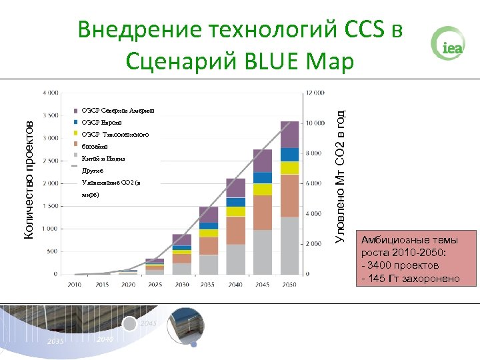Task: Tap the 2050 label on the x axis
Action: [289, 284]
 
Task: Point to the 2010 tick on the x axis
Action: [75, 284]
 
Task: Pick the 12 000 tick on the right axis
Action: [315, 92]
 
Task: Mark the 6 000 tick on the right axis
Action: [313, 183]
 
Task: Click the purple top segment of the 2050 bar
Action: [289, 134]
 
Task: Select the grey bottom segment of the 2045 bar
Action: [262, 251]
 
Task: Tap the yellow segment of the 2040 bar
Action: [235, 211]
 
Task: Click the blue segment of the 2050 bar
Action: [289, 155]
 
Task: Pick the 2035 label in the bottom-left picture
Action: [55, 341]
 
